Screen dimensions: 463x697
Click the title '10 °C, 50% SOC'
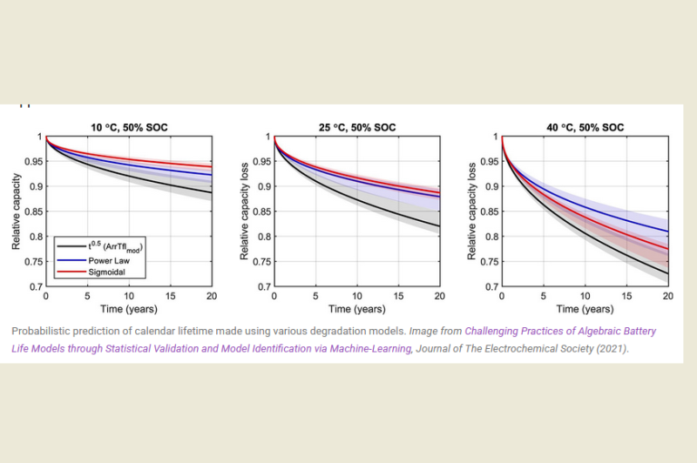click(128, 128)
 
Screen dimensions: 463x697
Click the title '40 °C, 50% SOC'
click(585, 128)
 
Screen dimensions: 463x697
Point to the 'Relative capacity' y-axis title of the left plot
click(17, 211)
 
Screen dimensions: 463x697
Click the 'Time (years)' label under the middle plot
click(356, 309)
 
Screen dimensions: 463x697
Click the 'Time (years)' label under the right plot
click(585, 309)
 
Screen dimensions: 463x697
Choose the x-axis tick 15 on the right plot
click(626, 296)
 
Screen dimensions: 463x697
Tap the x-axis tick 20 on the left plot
click(212, 296)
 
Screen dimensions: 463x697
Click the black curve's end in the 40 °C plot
click(667, 273)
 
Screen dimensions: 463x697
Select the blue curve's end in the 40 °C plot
click(667, 231)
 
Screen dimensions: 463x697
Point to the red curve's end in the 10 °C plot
click(211, 166)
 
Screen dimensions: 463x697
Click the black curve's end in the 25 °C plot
click(439, 226)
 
